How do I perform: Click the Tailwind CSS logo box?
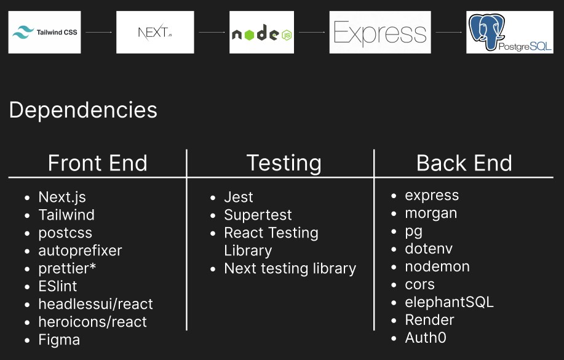[x=45, y=32]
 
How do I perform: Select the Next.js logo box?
[x=155, y=32]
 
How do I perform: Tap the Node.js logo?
[x=261, y=32]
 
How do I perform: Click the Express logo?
[x=380, y=32]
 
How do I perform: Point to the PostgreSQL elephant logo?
[x=510, y=32]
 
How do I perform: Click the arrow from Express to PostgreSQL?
[x=448, y=32]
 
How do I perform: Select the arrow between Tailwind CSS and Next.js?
[x=98, y=32]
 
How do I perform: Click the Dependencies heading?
[x=83, y=110]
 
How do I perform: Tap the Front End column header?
[x=97, y=163]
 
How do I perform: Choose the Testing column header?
[x=284, y=163]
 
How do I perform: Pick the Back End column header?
[x=464, y=163]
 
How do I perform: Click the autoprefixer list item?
[x=80, y=250]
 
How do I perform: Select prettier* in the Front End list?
[x=67, y=268]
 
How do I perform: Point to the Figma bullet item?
[x=59, y=340]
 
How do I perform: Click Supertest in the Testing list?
[x=258, y=215]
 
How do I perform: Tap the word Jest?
[x=239, y=198]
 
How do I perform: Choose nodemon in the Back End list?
[x=437, y=266]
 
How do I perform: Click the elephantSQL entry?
[x=449, y=302]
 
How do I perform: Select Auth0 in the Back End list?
[x=426, y=338]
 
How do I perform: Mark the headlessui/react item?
[x=96, y=304]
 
